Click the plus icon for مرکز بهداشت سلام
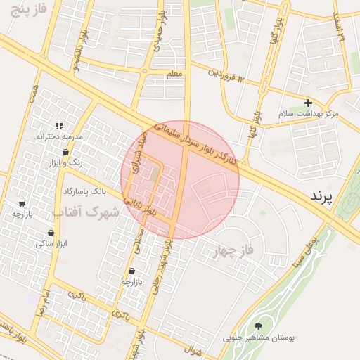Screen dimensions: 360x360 pyautogui.click(x=308, y=103)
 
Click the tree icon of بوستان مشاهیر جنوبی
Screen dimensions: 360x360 pyautogui.click(x=259, y=326)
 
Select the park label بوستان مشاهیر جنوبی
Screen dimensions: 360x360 pyautogui.click(x=259, y=337)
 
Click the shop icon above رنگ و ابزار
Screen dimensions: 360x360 pyautogui.click(x=65, y=152)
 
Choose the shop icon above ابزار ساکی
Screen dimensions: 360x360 pyautogui.click(x=51, y=233)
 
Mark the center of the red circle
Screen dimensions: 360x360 pyautogui.click(x=180, y=180)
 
